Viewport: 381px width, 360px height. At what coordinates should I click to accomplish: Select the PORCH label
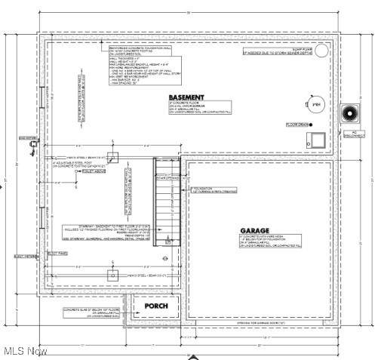point(156,306)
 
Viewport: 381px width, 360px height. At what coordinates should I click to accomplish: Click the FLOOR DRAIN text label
point(299,125)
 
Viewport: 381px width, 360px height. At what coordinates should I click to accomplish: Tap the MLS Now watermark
point(24,351)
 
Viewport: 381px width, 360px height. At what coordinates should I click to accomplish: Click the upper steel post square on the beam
point(112,156)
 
